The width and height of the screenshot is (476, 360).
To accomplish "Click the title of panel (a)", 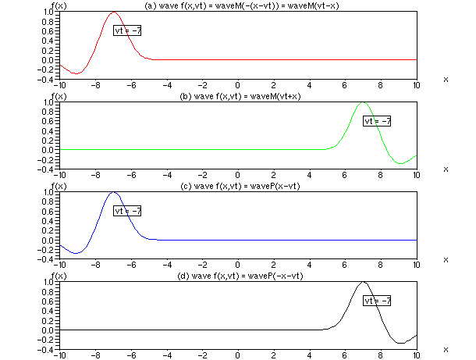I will tap(237, 6).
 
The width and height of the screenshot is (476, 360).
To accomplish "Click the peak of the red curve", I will tap(114, 12).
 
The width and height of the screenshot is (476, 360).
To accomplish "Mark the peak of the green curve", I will tap(363, 102).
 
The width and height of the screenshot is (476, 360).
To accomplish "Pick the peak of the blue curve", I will tap(114, 192).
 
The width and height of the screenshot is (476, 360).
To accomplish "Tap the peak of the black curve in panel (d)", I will tap(363, 282).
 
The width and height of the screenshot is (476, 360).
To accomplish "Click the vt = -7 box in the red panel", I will tap(128, 30).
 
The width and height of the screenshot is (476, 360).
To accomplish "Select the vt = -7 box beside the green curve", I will tap(377, 120).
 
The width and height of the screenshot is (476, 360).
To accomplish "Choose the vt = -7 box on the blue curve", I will tap(128, 211).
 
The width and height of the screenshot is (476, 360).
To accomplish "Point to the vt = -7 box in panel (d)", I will tap(377, 301).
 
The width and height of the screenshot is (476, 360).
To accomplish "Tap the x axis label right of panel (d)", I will tap(446, 349).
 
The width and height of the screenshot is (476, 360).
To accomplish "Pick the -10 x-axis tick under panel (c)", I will tap(59, 265).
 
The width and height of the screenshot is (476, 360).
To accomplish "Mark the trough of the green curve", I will tap(400, 163).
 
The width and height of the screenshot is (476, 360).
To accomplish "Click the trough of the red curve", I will tap(76, 73).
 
